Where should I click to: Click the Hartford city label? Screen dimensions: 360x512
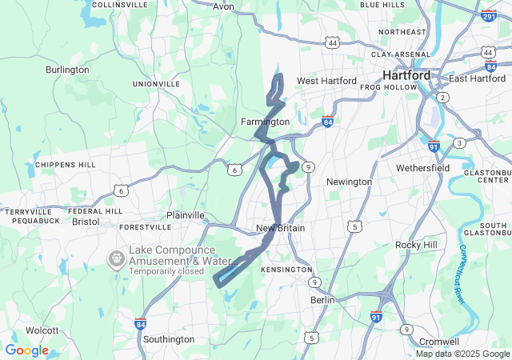tap(406, 75)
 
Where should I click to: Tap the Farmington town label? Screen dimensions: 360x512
tap(265, 122)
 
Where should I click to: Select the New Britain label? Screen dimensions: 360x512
tap(280, 228)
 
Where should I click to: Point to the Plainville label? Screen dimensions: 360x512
tap(186, 215)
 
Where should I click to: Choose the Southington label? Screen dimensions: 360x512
tap(168, 339)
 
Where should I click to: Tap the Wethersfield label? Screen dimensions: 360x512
tap(423, 168)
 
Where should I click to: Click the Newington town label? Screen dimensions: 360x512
tap(349, 182)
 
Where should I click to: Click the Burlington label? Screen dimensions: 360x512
tap(67, 70)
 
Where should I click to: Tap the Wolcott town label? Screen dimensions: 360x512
tap(42, 330)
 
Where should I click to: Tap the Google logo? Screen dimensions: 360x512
tap(27, 350)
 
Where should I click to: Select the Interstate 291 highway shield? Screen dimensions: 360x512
tap(489, 14)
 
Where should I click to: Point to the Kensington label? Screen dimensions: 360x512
tap(286, 270)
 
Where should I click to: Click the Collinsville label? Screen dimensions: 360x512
tap(119, 4)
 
